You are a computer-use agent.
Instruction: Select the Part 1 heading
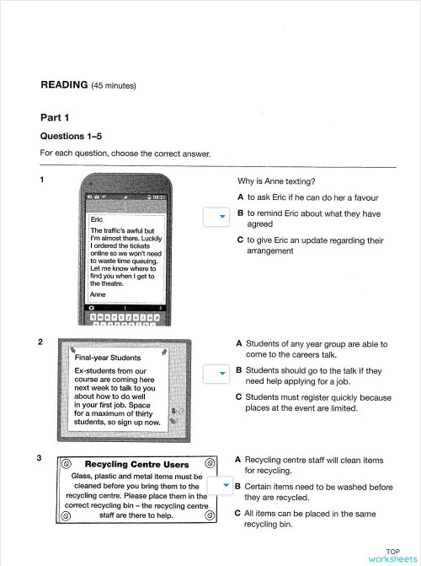[55, 117]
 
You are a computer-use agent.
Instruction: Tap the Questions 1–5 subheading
[69, 135]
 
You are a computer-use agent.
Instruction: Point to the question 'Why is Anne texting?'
[276, 181]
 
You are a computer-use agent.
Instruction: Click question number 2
[41, 342]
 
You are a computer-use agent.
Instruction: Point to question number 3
[40, 458]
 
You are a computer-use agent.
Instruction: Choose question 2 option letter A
[240, 343]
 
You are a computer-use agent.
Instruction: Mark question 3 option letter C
[238, 512]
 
